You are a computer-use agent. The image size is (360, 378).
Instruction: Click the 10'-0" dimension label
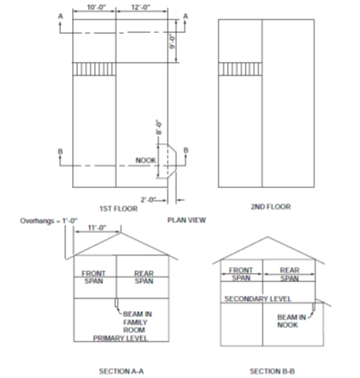click(x=96, y=7)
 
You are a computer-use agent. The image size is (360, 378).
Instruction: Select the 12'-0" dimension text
click(x=140, y=7)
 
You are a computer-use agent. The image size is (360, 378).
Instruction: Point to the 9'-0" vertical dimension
click(x=172, y=40)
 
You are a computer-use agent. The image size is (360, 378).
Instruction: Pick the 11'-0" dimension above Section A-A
click(x=97, y=227)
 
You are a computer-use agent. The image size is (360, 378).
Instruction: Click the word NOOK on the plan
click(x=146, y=159)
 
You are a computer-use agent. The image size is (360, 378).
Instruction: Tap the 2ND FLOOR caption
click(x=270, y=206)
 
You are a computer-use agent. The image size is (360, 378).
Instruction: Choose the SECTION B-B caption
click(x=271, y=370)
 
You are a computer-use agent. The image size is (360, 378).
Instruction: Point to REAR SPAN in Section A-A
click(x=144, y=275)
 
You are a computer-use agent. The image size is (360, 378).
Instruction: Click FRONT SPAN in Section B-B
click(x=241, y=274)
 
